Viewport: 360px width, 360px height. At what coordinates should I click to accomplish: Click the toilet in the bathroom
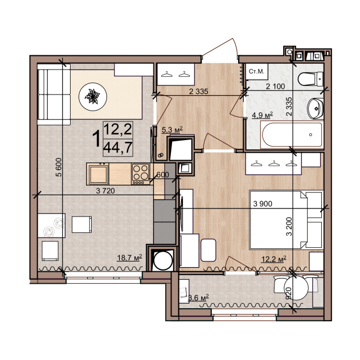pos(310,79)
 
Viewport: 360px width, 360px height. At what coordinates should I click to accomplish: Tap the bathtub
pos(292,135)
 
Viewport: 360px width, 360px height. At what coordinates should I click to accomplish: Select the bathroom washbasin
pos(316,109)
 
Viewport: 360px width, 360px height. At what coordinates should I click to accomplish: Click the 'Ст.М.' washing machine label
pos(256,71)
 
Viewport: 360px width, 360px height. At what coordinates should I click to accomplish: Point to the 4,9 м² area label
pos(262,115)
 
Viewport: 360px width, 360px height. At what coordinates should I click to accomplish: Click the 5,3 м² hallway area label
pos(172,130)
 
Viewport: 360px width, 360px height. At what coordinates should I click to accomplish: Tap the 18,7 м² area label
pos(130,257)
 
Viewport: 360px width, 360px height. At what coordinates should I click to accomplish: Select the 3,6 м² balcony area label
pos(198,298)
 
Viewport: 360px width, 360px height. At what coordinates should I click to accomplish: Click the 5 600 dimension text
pos(59,167)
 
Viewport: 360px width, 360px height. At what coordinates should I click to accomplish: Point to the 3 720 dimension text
pos(105,191)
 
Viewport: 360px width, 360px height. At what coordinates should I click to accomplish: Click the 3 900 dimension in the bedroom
pos(263,203)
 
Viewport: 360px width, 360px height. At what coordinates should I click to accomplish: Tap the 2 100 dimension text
pos(275,87)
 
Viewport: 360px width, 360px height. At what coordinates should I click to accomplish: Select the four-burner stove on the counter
pos(141,174)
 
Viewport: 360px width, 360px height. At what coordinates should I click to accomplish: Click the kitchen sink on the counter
pos(99,175)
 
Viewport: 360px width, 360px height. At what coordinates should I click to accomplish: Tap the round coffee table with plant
pos(93,97)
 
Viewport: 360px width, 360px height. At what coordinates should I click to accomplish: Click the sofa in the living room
pos(54,95)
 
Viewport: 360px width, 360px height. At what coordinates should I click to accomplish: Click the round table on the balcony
pos(296,288)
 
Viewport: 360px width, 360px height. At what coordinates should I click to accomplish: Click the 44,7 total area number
pos(118,148)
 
